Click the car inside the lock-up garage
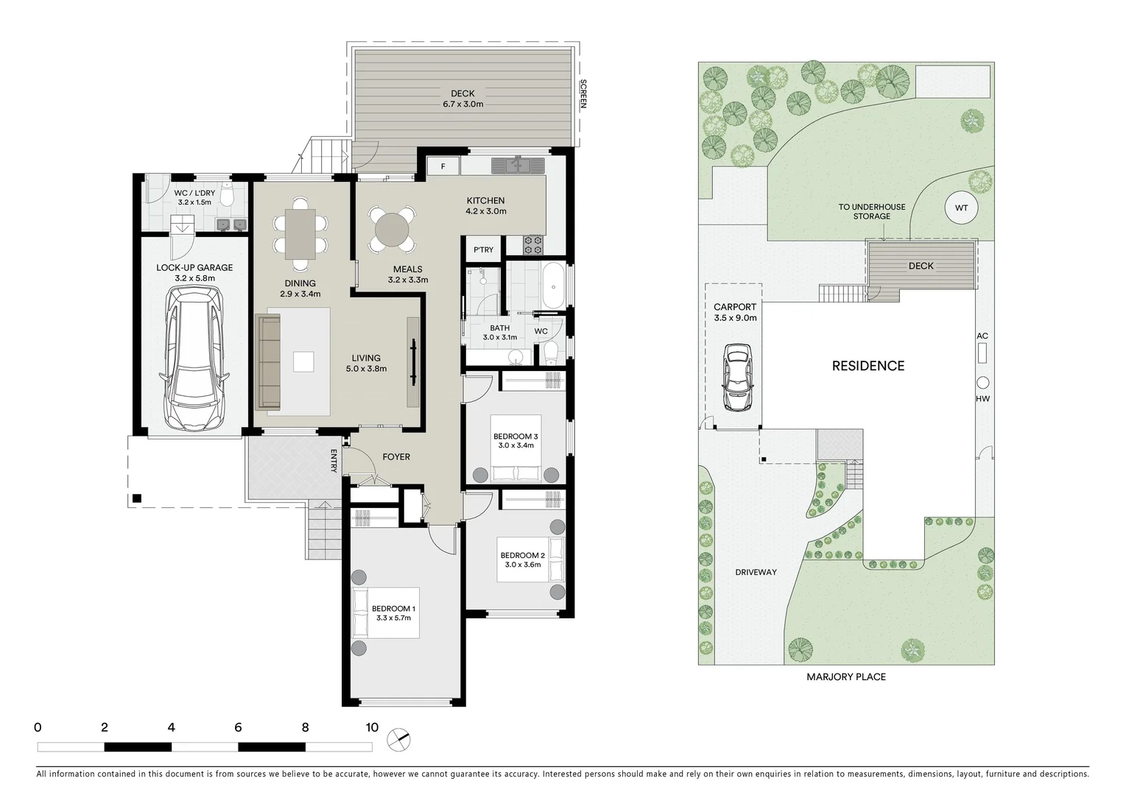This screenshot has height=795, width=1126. point(194,358)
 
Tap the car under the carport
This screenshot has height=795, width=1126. point(737,377)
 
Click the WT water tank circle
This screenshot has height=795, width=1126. point(961,208)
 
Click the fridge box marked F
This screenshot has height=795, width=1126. point(443,166)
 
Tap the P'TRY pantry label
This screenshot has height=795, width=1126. point(483,250)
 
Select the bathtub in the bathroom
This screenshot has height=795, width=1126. point(553,288)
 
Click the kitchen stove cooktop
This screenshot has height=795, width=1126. point(532,245)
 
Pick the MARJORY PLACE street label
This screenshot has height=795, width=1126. point(845,676)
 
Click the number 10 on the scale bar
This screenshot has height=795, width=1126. point(371,727)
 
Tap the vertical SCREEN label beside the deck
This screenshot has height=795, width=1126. point(583,94)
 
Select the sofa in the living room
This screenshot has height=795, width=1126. point(269,361)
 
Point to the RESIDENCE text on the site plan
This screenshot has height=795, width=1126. point(868,366)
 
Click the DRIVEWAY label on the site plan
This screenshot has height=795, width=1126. point(756,572)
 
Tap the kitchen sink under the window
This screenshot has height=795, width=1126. point(520,164)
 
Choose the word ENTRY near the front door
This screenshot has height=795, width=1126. point(334,460)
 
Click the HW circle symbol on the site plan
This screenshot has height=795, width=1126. point(982,383)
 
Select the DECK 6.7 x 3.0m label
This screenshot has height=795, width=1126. point(462,99)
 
